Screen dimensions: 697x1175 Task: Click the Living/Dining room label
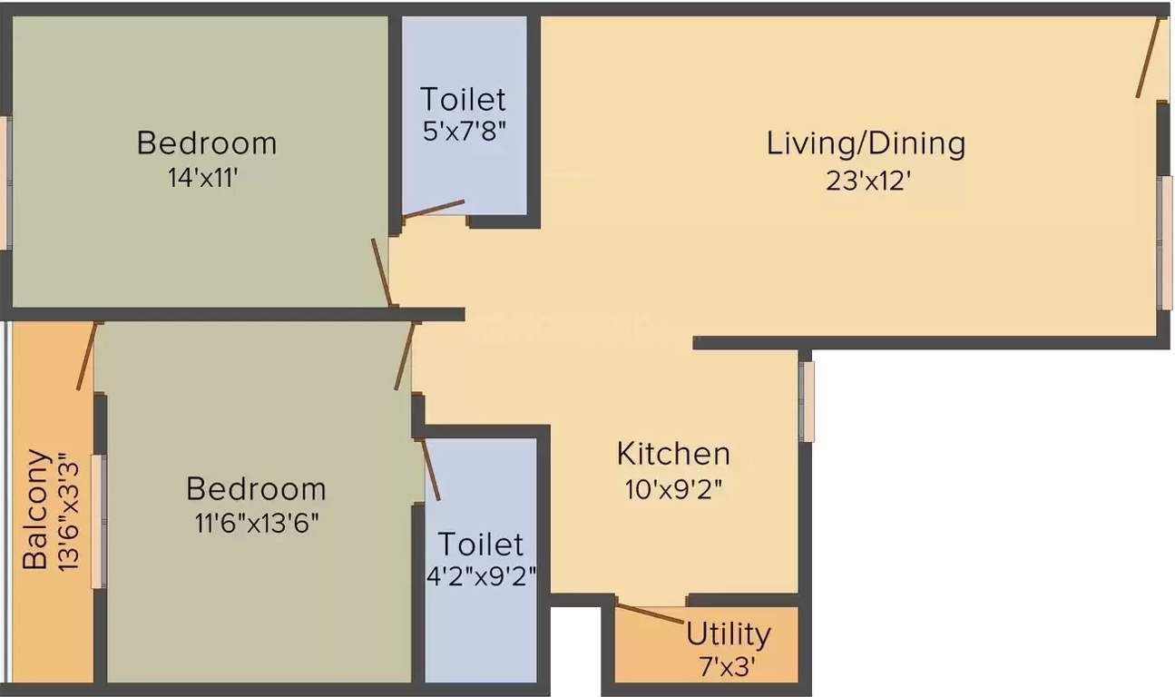pos(866,143)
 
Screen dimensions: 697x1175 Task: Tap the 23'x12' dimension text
pos(867,181)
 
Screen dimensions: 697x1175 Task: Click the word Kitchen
pos(673,453)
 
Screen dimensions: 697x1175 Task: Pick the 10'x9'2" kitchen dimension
pos(673,489)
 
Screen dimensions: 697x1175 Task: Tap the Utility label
pos(728,633)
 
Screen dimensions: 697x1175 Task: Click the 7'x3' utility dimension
pos(728,669)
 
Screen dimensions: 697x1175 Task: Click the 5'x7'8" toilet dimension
pos(463,131)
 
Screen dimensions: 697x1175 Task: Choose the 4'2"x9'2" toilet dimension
pos(482,577)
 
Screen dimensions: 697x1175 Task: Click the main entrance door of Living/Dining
pos(1148,56)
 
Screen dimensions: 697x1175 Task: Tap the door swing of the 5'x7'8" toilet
pos(434,209)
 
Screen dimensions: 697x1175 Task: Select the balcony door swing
pos(86,356)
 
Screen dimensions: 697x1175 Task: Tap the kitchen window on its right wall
pos(806,401)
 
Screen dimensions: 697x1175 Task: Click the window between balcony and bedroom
pos(98,522)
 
